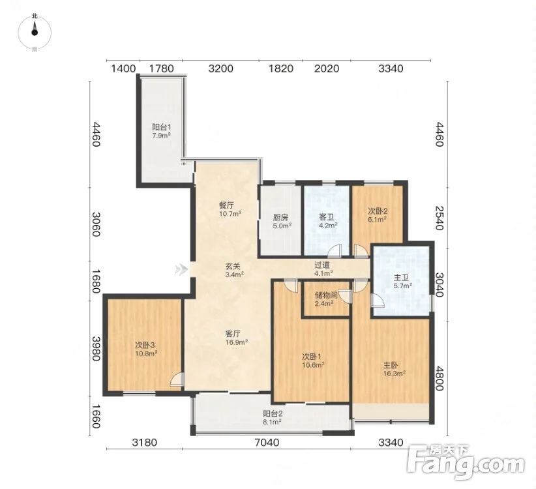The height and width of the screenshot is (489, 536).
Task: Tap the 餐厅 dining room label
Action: tap(226, 206)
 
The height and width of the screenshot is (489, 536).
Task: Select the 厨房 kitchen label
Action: tap(280, 217)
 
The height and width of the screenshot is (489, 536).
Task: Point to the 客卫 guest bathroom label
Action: tap(326, 217)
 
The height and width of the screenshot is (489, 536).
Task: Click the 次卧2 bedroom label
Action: tap(378, 211)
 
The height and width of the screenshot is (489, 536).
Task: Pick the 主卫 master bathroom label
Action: tap(400, 278)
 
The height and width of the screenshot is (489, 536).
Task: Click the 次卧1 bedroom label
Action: tap(311, 357)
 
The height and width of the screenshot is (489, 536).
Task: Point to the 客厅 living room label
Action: tap(233, 334)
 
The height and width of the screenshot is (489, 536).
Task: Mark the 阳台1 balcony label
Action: tap(162, 127)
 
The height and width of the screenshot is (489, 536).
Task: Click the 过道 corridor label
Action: tap(322, 265)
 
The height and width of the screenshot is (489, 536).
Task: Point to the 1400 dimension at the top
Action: tap(123, 68)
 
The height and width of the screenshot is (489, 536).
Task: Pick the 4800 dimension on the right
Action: tap(439, 378)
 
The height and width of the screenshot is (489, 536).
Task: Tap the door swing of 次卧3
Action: tap(177, 379)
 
